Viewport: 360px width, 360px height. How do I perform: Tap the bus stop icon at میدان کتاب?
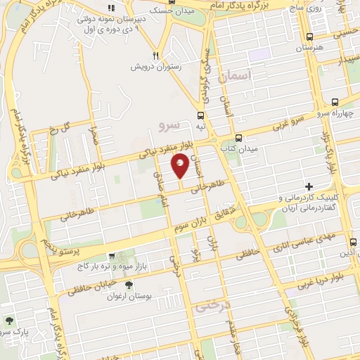click(239, 138)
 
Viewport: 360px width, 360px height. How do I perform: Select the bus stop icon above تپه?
click(201, 115)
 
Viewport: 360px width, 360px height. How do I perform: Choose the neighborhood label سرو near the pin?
click(170, 124)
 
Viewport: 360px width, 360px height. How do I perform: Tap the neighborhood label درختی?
click(212, 307)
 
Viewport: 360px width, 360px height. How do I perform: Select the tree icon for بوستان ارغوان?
click(129, 285)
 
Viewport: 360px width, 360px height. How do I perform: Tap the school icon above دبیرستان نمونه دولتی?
click(110, 8)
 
